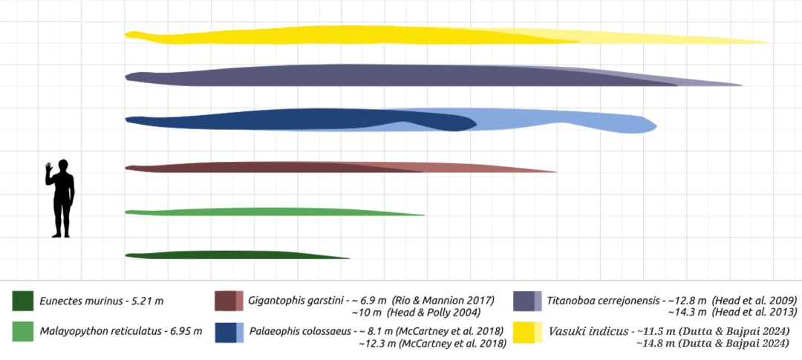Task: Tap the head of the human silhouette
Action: click(62, 165)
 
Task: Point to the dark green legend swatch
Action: click(23, 301)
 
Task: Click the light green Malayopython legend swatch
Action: click(23, 330)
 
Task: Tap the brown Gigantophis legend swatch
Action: click(229, 301)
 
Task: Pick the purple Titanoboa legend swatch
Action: click(528, 301)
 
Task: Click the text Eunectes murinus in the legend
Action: click(77, 301)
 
